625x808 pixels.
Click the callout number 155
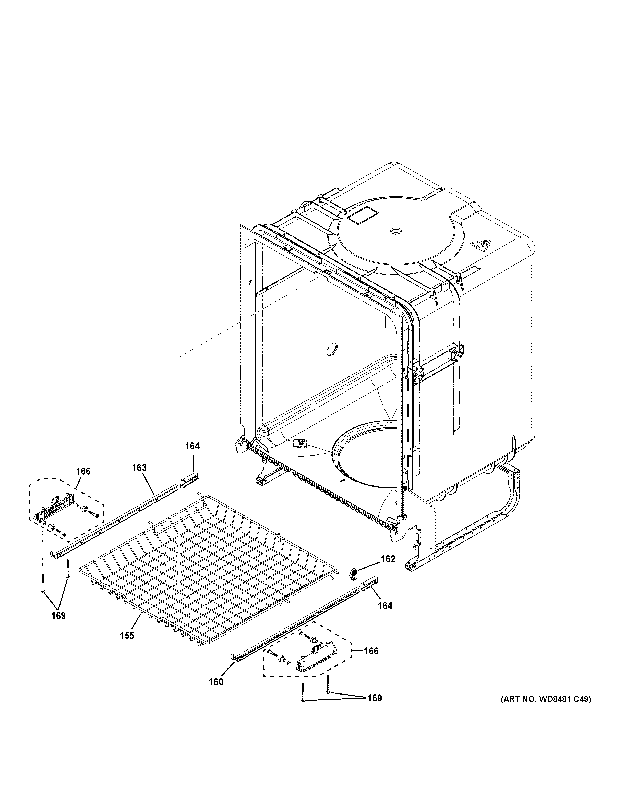(127, 636)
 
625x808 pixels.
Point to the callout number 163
(139, 468)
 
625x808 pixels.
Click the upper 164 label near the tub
(192, 446)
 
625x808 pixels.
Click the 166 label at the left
(83, 471)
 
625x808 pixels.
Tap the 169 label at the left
(58, 616)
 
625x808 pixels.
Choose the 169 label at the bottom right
(374, 698)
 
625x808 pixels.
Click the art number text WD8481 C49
(546, 699)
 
